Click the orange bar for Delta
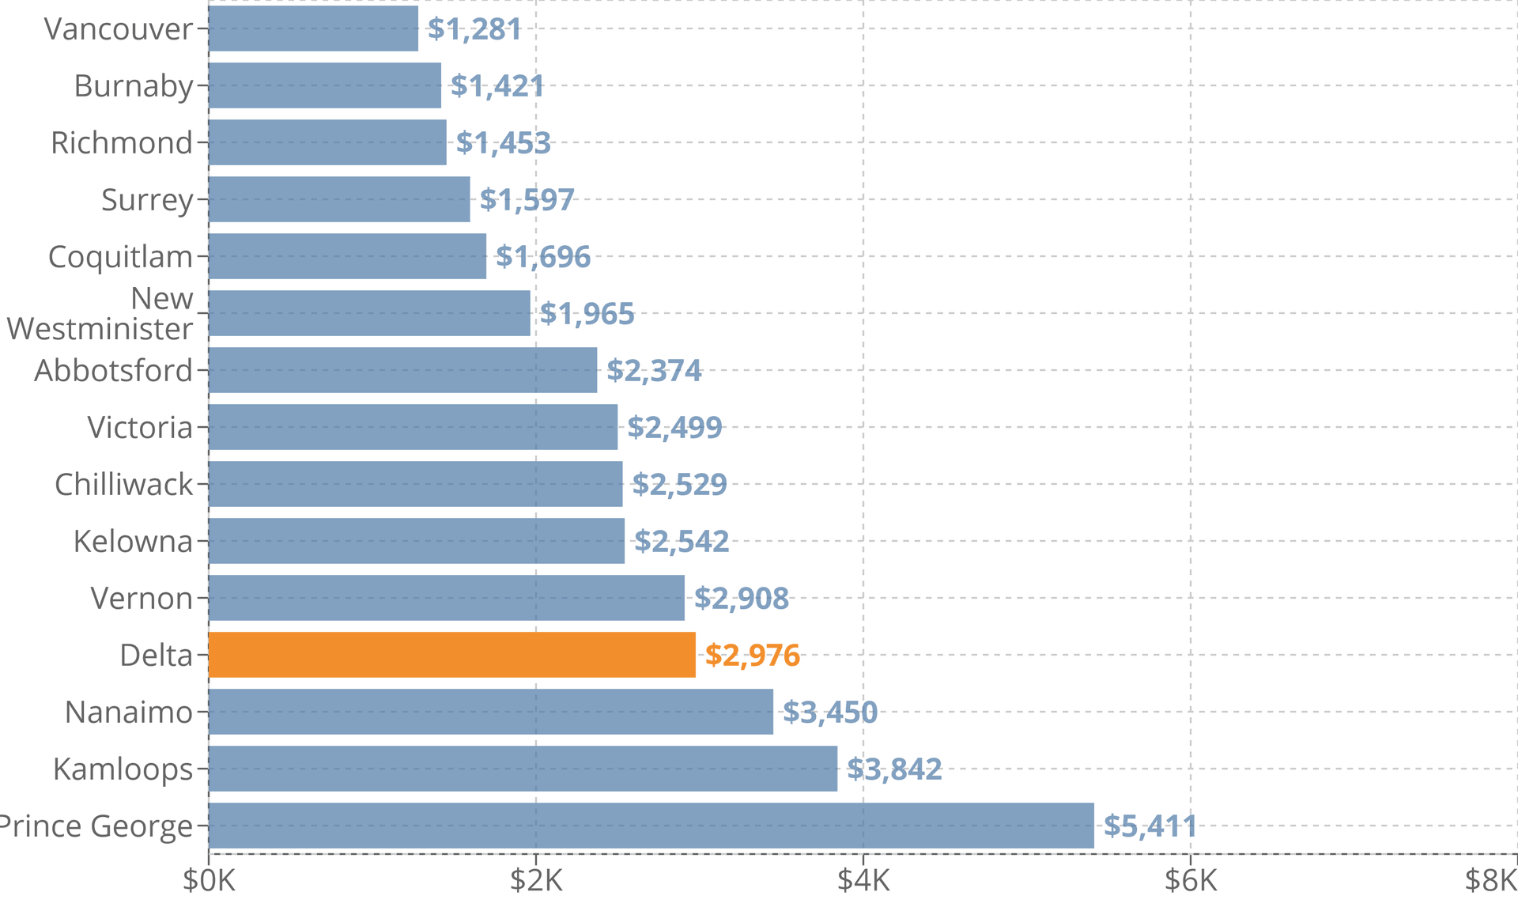[x=451, y=655]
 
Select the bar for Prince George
[x=651, y=826]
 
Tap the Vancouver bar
[x=313, y=28]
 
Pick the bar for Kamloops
[x=523, y=769]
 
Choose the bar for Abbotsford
[x=402, y=370]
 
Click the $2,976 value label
[x=752, y=656]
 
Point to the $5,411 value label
[x=1150, y=826]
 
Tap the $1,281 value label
[x=474, y=29]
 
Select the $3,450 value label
[x=829, y=713]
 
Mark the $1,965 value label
[x=587, y=314]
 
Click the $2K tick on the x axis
[x=536, y=880]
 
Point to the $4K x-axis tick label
[x=863, y=880]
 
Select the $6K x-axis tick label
[x=1191, y=880]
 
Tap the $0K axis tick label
[x=209, y=880]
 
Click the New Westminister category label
[x=100, y=314]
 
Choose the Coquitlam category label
[x=120, y=257]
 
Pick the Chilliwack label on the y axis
[x=123, y=485]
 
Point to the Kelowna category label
[x=133, y=542]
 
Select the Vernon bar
[x=446, y=598]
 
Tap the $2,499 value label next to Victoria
[x=674, y=428]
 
